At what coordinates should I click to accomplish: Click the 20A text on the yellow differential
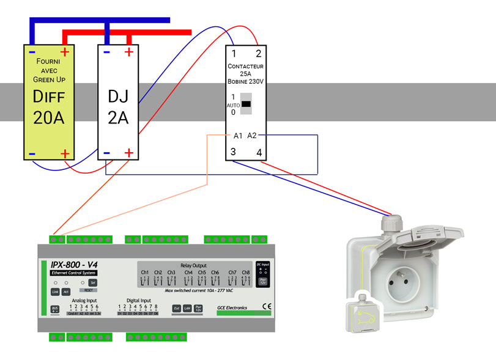(49, 117)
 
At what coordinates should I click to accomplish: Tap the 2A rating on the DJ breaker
(117, 117)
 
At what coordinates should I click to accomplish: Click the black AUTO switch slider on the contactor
(246, 105)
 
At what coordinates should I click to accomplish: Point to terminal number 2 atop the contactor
(258, 54)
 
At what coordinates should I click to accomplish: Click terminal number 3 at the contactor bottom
(234, 152)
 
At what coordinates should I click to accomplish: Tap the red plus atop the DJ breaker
(128, 53)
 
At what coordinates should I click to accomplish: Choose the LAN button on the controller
(188, 309)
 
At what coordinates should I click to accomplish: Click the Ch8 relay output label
(246, 272)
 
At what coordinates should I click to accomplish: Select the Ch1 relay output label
(145, 272)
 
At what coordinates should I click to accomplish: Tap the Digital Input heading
(138, 300)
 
